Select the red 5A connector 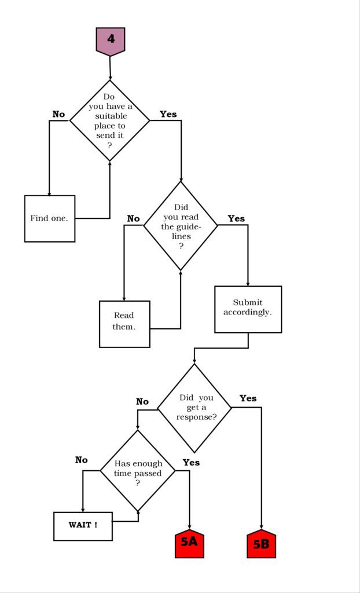click(x=189, y=543)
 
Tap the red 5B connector click(x=261, y=543)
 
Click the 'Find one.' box click(x=50, y=218)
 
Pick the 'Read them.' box click(x=124, y=324)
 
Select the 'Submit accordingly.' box click(x=248, y=309)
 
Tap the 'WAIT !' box click(x=83, y=526)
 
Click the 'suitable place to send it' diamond click(x=109, y=120)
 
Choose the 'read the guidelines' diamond click(x=181, y=226)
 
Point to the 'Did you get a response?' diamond click(x=194, y=408)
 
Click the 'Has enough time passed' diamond click(x=138, y=471)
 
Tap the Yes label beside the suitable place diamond click(x=168, y=114)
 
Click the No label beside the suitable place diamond click(x=58, y=114)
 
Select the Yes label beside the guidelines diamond click(x=236, y=218)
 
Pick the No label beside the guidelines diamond click(x=134, y=218)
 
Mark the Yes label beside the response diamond click(x=248, y=398)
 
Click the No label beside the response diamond click(x=142, y=402)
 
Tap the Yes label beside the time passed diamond click(x=192, y=462)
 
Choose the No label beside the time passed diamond click(x=81, y=460)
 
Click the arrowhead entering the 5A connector click(x=189, y=527)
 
